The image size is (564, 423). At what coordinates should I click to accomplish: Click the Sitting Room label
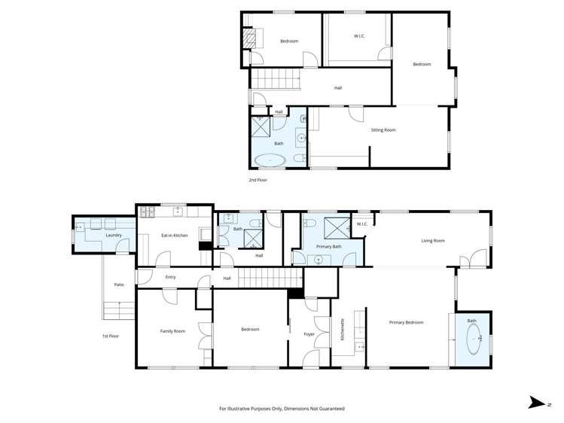click(x=383, y=130)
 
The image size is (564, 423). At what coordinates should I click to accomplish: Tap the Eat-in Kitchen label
click(x=174, y=236)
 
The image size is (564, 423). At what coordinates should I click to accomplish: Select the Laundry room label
click(x=114, y=236)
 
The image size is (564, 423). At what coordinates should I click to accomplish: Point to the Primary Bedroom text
click(x=406, y=323)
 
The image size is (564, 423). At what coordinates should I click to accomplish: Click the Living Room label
click(x=432, y=241)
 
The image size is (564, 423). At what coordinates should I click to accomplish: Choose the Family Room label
click(x=172, y=331)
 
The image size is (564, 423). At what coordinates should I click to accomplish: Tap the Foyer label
click(x=309, y=334)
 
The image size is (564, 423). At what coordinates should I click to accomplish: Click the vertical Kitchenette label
click(x=343, y=329)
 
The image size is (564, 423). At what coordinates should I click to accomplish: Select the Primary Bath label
click(x=328, y=247)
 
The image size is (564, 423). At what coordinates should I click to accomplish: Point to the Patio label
click(x=119, y=285)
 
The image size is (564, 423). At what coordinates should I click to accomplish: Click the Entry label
click(x=170, y=277)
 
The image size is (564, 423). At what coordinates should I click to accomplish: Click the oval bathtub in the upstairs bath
click(x=270, y=160)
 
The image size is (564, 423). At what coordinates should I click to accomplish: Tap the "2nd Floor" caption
click(x=258, y=181)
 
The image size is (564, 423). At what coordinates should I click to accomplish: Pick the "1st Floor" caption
click(x=110, y=336)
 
